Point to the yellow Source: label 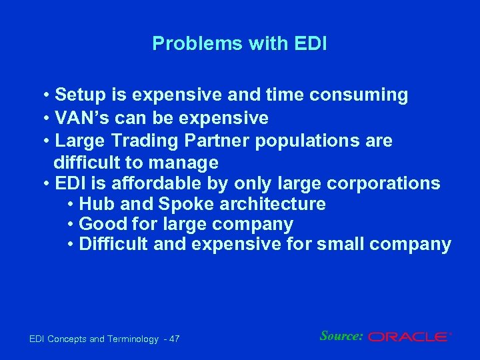pos(341,336)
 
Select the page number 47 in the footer pos(174,340)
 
